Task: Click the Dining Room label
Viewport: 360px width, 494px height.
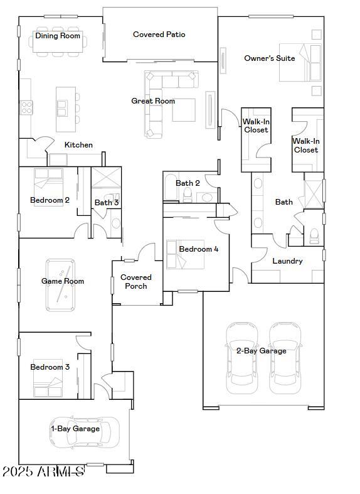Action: [58, 36]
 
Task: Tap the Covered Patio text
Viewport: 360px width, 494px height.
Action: [159, 35]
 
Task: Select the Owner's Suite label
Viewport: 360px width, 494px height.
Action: [269, 58]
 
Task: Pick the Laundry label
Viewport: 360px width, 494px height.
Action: [288, 260]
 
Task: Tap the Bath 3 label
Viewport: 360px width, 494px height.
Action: [107, 203]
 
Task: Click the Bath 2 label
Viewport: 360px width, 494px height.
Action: [188, 183]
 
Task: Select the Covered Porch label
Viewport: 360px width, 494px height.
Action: [136, 281]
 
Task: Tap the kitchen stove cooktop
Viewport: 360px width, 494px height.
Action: [26, 108]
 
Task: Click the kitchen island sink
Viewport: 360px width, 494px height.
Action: [62, 109]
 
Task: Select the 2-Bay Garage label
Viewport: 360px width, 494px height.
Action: [261, 351]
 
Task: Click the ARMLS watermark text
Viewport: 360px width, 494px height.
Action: [43, 471]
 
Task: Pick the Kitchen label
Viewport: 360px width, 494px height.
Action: [78, 145]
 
